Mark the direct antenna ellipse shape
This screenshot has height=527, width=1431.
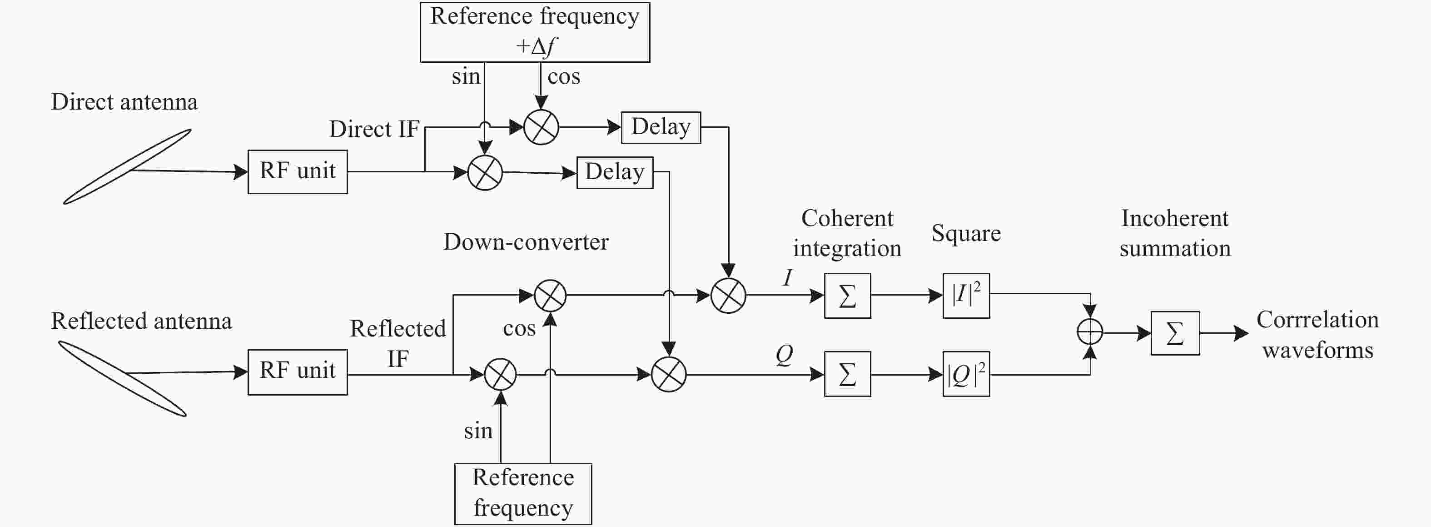click(127, 167)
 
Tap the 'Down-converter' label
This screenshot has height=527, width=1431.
click(526, 242)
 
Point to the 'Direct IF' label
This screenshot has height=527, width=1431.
click(374, 129)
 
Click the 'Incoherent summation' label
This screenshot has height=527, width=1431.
click(1175, 233)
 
